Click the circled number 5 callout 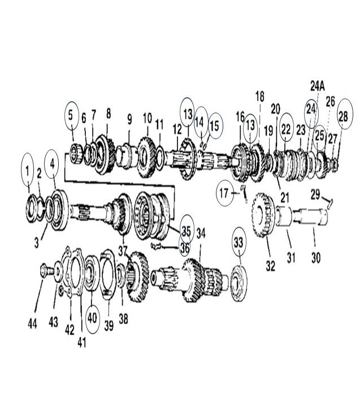[70, 115]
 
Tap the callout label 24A [317, 86]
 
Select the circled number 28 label [344, 116]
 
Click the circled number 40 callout [92, 318]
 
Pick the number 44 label [32, 323]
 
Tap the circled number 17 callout [224, 193]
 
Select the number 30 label [316, 258]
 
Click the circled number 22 [286, 129]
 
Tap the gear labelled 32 [263, 215]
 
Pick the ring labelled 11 [160, 157]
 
